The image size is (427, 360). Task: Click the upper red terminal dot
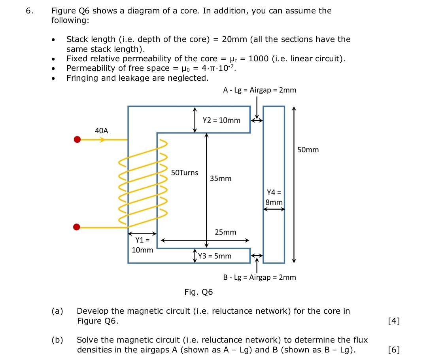(77, 140)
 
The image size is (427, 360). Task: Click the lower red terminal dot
(77, 227)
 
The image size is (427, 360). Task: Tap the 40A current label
(102, 130)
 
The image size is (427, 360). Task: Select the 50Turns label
(185, 172)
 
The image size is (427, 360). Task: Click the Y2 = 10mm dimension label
(221, 120)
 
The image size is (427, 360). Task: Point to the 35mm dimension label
(221, 178)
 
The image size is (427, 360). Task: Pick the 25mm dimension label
(225, 232)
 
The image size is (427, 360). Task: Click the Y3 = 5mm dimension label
(215, 256)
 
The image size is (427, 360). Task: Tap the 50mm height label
(308, 150)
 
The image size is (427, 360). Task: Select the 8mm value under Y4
(274, 202)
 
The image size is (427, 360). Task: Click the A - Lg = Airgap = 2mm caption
(259, 90)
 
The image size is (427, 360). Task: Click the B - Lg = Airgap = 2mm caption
(259, 277)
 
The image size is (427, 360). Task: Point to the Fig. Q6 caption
(198, 292)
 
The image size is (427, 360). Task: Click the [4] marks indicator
(394, 321)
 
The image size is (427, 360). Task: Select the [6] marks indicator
(394, 350)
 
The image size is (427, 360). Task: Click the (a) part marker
(58, 311)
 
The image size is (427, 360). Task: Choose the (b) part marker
(58, 340)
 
